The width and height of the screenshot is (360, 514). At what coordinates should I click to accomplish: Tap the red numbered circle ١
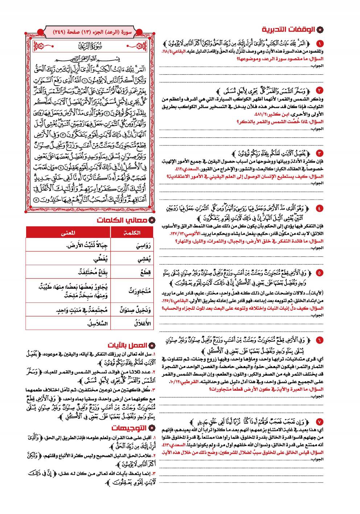(x=319, y=44)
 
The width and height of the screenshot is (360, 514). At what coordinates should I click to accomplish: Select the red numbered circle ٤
(x=319, y=208)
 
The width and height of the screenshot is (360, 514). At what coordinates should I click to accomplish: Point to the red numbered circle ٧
(x=319, y=422)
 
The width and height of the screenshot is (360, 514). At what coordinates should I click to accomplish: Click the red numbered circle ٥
(x=319, y=272)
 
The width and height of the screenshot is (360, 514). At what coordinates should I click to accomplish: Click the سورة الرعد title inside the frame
(x=91, y=46)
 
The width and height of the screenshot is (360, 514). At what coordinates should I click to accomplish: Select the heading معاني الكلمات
(x=122, y=220)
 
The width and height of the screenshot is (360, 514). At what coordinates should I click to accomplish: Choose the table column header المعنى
(x=68, y=233)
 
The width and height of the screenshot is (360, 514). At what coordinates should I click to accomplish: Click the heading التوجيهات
(x=129, y=428)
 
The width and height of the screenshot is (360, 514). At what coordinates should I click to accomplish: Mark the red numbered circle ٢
(x=319, y=90)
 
